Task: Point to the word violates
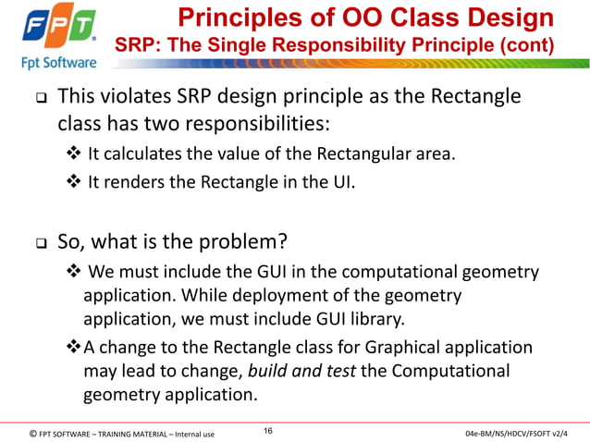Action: click(135, 98)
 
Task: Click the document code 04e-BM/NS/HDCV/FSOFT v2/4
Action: click(517, 433)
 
